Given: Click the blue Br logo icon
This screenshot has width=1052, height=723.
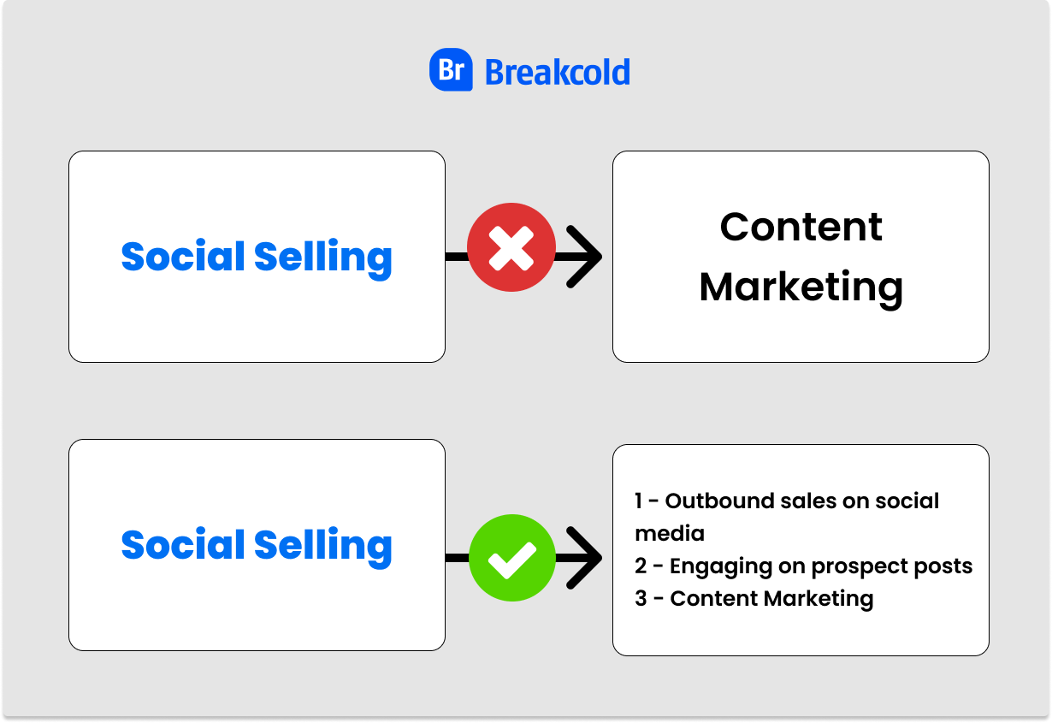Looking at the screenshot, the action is (x=451, y=69).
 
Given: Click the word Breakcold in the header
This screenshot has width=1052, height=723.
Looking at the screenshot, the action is (x=557, y=73).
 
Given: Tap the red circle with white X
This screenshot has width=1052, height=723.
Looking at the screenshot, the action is (x=511, y=247).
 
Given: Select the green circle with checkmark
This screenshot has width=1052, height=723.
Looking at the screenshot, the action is (x=512, y=558).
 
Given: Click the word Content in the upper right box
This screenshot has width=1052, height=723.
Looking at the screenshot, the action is (x=801, y=227).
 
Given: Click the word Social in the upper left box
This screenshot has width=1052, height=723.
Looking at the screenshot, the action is (x=183, y=256).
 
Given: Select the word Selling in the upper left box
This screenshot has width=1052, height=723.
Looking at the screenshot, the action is (x=323, y=259).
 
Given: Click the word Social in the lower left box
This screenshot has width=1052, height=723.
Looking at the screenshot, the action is (x=183, y=544).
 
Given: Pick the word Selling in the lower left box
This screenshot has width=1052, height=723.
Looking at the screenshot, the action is (x=323, y=548).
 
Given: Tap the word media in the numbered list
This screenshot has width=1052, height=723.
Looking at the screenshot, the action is (x=669, y=534).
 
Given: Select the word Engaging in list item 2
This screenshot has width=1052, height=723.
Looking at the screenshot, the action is (x=721, y=567).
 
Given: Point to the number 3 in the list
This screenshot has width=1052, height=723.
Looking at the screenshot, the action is (x=641, y=598).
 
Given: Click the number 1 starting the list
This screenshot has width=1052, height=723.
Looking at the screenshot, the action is (x=638, y=501).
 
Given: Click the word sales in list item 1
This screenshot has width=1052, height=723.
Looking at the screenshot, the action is (x=808, y=501).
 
